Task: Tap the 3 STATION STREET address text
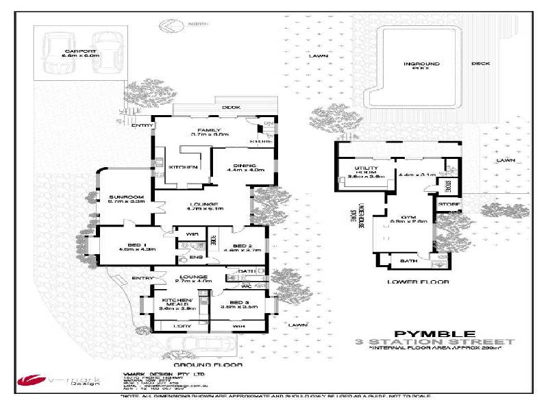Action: coord(434,341)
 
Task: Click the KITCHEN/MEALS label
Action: coord(177,304)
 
